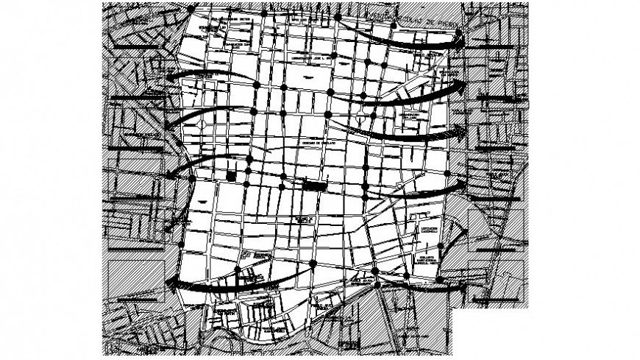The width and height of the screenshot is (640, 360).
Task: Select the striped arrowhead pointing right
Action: click(460, 131)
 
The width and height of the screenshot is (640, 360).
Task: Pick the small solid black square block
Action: click(232, 175)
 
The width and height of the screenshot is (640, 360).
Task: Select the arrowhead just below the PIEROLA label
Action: click(459, 42)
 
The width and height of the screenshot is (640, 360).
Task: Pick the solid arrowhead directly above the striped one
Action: click(461, 86)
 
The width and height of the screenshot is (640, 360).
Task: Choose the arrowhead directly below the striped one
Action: click(461, 183)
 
